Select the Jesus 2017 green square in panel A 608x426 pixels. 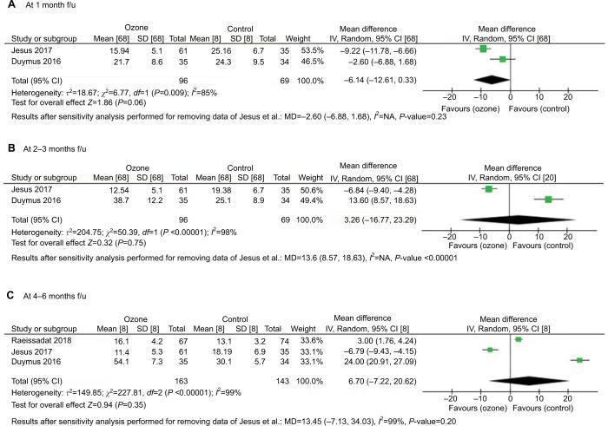pyautogui.click(x=483, y=49)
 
